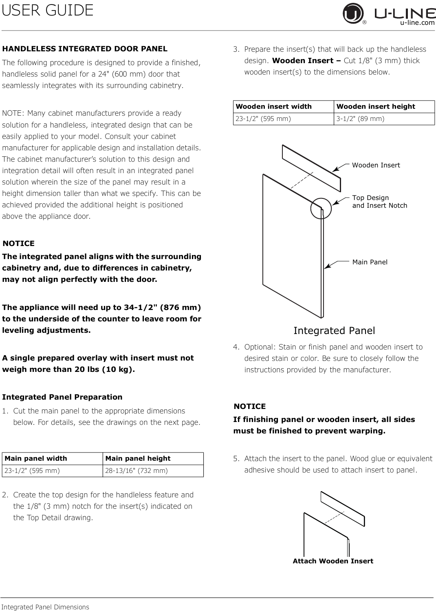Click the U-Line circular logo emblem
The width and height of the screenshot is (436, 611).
point(353,13)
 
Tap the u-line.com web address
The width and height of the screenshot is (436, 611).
point(417,23)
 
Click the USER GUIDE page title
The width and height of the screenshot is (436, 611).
point(48,10)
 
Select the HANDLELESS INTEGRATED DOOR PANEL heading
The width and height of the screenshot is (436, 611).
point(85,49)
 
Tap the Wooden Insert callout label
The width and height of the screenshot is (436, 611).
point(376,165)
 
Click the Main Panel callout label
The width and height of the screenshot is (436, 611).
point(370,262)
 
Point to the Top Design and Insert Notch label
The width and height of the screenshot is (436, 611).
point(379,202)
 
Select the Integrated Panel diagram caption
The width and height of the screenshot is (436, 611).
point(334,331)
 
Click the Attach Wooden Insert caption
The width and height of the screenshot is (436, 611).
point(333,561)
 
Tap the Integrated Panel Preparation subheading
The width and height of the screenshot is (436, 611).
point(62,397)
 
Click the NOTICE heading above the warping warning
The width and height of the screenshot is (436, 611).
point(250,407)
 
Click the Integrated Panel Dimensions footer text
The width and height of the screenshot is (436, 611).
point(45,607)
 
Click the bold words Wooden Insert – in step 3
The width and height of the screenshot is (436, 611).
point(306,61)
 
